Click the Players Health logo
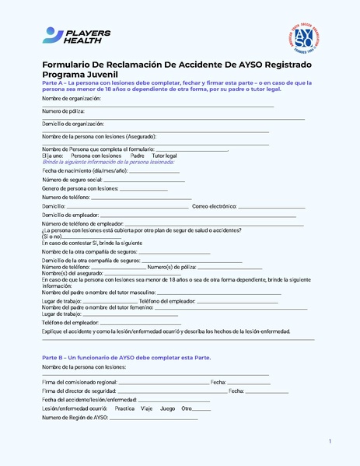pyautogui.click(x=76, y=36)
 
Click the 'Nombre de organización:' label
pyautogui.click(x=72, y=99)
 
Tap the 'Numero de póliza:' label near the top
pyautogui.click(x=63, y=111)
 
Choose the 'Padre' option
pyautogui.click(x=138, y=156)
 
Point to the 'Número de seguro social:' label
pyautogui.click(x=72, y=180)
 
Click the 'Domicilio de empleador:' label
pyautogui.click(x=70, y=215)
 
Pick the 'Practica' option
pyautogui.click(x=124, y=408)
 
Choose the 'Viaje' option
pyautogui.click(x=146, y=408)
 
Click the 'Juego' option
pyautogui.click(x=168, y=408)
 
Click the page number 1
pyautogui.click(x=330, y=442)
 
